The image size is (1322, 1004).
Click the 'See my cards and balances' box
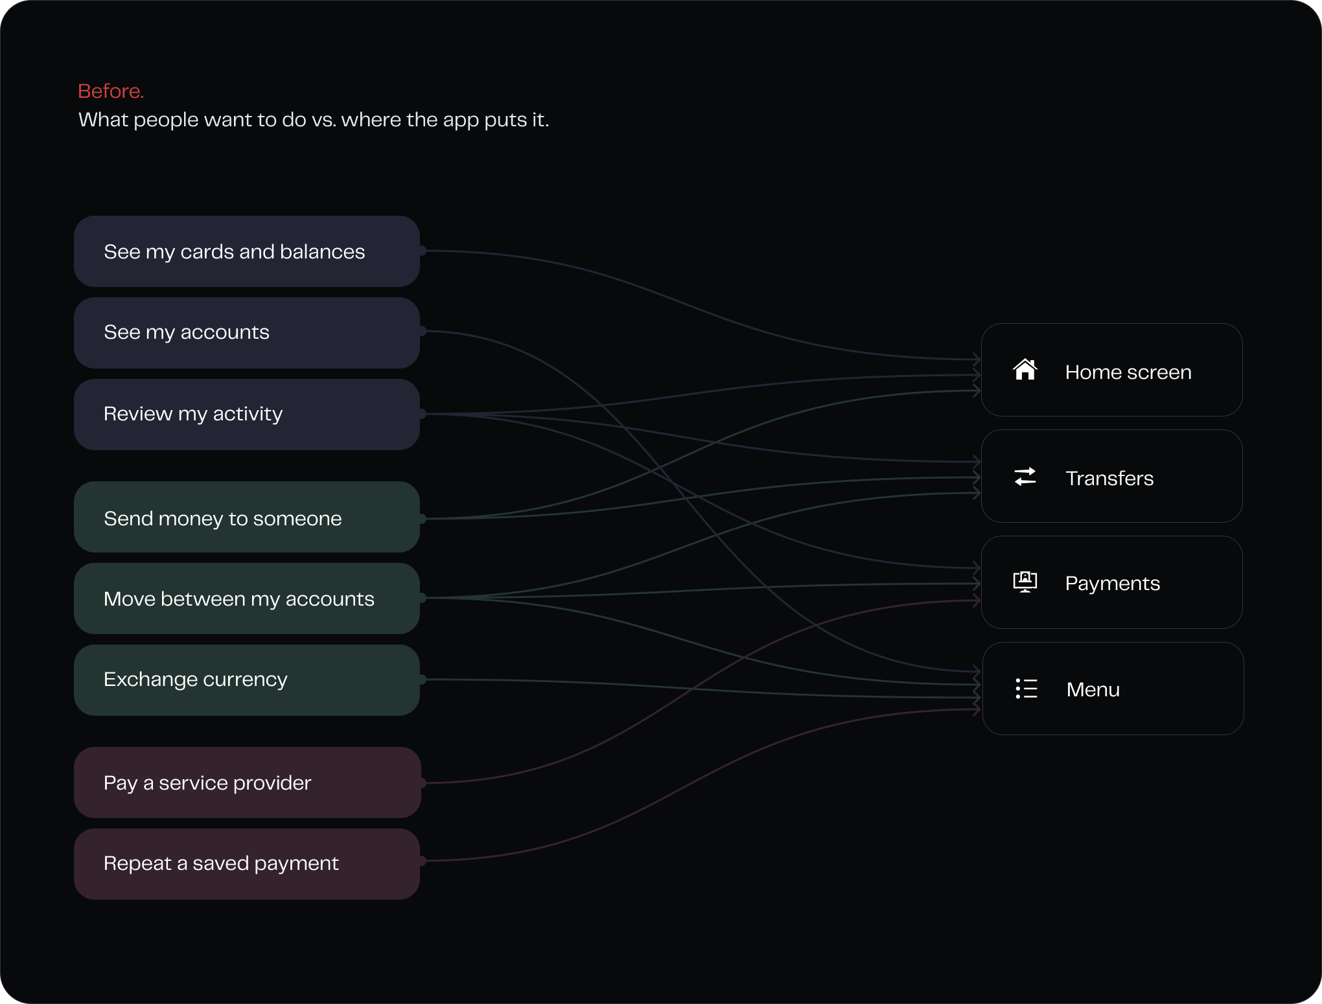click(247, 251)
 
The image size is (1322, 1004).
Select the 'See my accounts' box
click(247, 333)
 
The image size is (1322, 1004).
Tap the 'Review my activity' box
click(247, 415)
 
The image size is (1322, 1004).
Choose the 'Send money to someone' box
click(247, 517)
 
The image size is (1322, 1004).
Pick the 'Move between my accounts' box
click(247, 599)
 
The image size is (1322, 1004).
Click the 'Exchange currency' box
click(247, 680)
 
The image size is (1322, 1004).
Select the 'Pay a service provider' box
click(247, 782)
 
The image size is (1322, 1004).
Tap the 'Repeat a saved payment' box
click(247, 864)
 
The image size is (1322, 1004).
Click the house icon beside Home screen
click(1025, 369)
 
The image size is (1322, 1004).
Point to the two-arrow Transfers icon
click(1025, 477)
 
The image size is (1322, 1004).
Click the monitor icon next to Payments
click(1025, 582)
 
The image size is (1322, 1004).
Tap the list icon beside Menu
click(1026, 689)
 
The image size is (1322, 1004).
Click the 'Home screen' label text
click(1128, 372)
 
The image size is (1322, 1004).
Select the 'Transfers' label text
click(1109, 478)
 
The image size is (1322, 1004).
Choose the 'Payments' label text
click(1113, 584)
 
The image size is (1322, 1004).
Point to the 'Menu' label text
click(1093, 689)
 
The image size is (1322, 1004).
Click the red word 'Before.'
click(111, 91)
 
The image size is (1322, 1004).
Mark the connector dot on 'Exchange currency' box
click(422, 679)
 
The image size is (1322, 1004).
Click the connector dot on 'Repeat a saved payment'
click(422, 861)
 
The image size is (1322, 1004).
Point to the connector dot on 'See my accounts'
click(422, 331)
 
